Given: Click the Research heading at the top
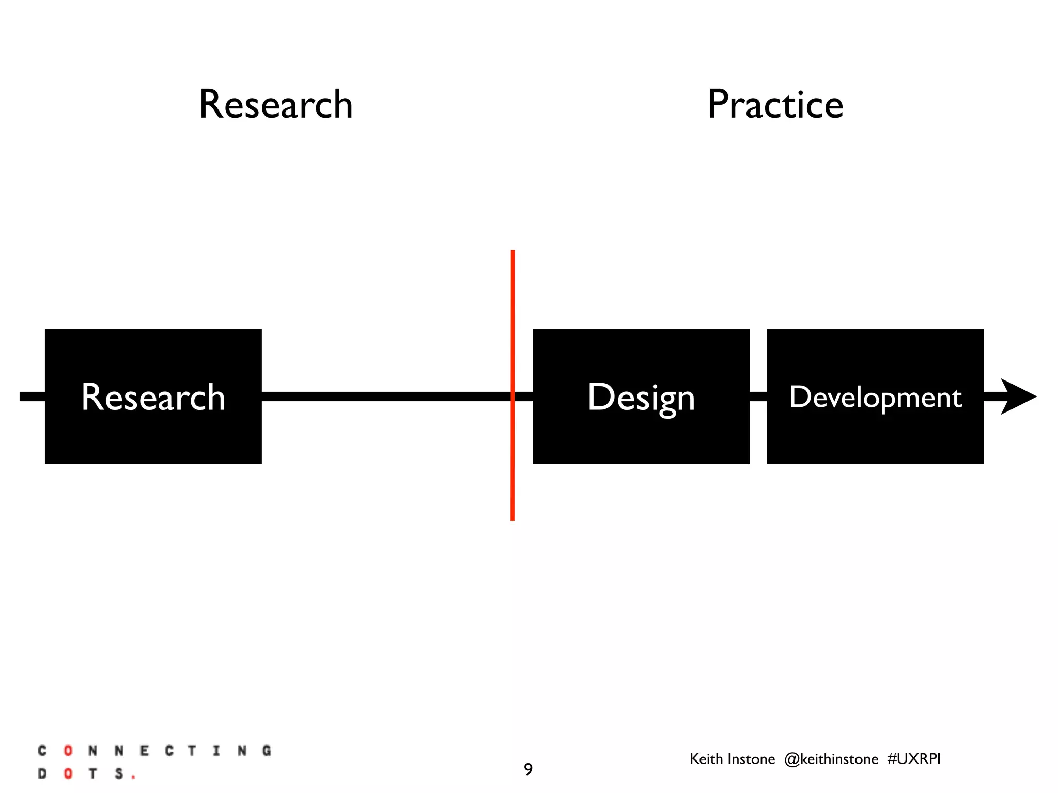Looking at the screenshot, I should pos(276,105).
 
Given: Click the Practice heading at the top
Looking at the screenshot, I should pos(775,105).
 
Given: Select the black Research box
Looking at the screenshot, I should pos(153,439).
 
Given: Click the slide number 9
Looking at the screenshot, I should pos(528,770).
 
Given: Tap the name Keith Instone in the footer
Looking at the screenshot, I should pos(732,759).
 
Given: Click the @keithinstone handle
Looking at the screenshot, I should pos(831,759).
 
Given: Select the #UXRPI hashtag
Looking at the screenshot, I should pos(914,759).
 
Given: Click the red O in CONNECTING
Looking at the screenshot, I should pos(68,751).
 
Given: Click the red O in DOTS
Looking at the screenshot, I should pos(68,774).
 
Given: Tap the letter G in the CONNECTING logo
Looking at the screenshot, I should pos(267,751).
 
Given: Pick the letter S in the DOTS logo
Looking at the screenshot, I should pos(119,774).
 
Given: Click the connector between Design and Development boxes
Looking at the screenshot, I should pos(758,396).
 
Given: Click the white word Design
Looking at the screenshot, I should pos(641,398).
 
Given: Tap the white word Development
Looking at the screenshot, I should pos(875,398).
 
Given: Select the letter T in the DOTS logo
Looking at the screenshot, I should pos(93,774).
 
